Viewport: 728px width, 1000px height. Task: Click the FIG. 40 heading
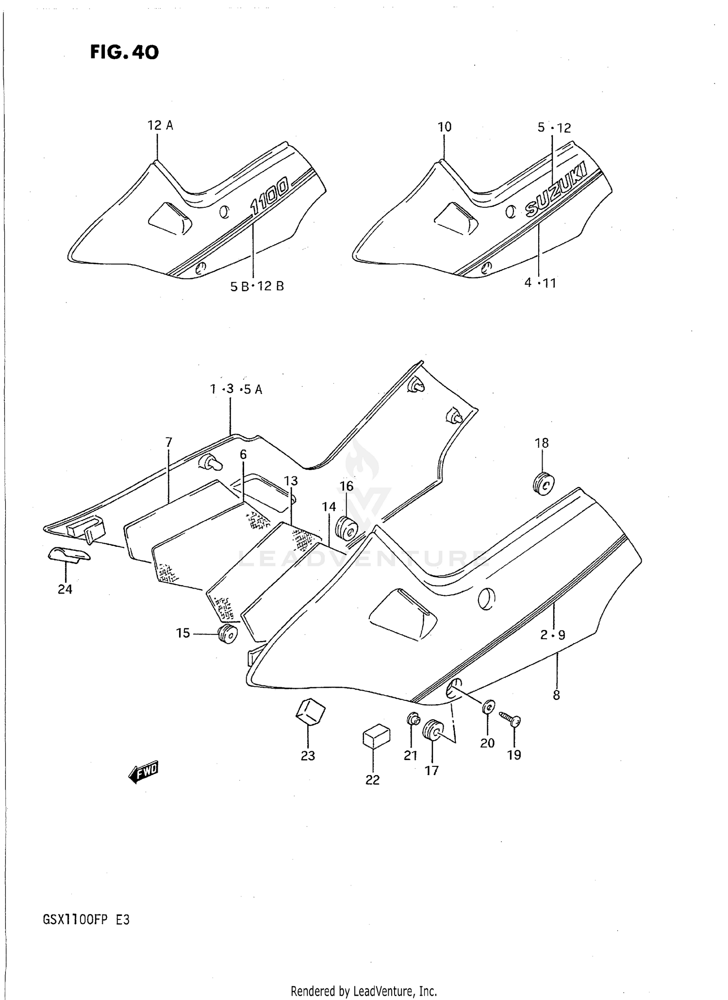pos(124,52)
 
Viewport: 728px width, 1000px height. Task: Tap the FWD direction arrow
pos(144,771)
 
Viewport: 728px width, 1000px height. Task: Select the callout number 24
pos(65,589)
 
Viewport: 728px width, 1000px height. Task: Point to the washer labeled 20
pos(489,707)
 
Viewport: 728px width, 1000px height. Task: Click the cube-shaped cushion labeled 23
pos(310,712)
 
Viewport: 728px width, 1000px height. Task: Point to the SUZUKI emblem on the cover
pos(556,190)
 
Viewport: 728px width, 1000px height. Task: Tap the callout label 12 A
pos(160,125)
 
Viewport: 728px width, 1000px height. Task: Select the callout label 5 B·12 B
pos(257,286)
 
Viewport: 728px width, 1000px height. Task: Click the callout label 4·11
pos(540,283)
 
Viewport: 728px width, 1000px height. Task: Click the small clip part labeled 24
pos(69,554)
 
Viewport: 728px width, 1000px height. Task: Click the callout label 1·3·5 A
pos(236,389)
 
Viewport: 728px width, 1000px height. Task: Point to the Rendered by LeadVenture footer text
pos(364,991)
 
